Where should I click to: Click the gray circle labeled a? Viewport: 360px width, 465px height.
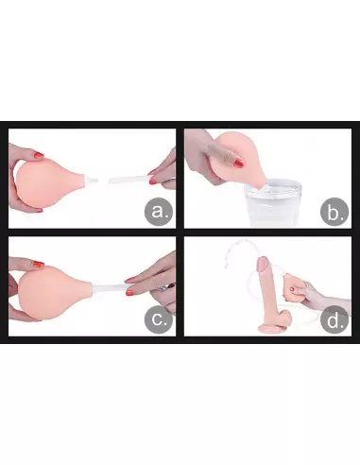point(159,212)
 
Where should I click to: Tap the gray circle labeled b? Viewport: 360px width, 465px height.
point(334,212)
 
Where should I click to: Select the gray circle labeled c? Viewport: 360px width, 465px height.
point(159,319)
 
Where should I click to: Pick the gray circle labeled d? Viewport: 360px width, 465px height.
point(334,319)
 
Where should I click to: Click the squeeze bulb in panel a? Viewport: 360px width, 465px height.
point(47,182)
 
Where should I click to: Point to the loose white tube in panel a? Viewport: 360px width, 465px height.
point(130,181)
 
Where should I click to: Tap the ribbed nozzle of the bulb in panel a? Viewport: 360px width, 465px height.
point(92,181)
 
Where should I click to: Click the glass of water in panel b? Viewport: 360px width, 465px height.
point(274,202)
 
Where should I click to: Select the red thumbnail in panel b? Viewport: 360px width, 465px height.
point(238,164)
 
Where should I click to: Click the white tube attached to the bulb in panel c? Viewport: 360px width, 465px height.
point(111,288)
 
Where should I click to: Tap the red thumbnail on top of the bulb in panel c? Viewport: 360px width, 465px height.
point(39,264)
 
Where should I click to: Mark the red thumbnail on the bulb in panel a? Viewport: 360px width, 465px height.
point(39,155)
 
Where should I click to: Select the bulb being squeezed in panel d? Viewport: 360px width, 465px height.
point(293,288)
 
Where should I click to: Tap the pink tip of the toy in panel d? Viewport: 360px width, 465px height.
point(264,264)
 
